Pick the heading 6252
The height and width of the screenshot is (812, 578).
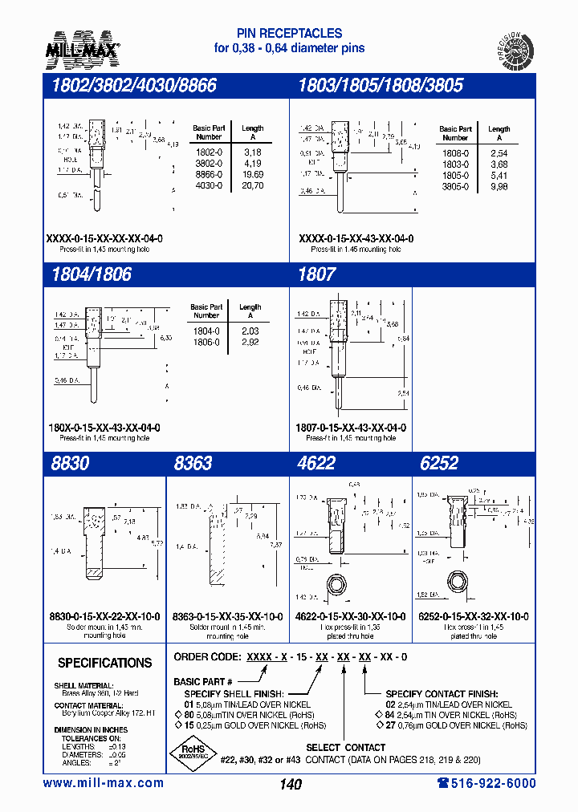tap(439, 463)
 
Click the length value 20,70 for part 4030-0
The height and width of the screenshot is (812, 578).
tap(252, 185)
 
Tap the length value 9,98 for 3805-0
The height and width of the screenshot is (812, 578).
tap(499, 185)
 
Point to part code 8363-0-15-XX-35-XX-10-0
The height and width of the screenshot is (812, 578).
tap(227, 616)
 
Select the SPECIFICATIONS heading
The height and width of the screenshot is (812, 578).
tap(104, 664)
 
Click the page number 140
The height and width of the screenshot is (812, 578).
tap(291, 784)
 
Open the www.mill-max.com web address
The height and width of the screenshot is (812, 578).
tap(103, 783)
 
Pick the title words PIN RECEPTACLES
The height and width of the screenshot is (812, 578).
tap(289, 34)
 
